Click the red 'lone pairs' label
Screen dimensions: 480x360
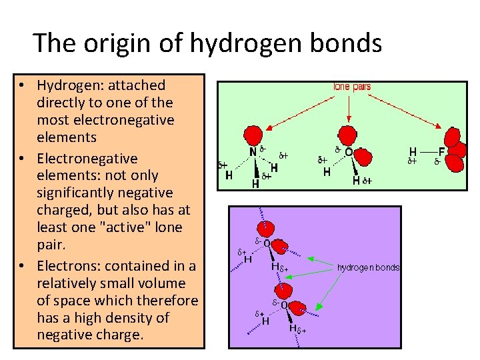352,87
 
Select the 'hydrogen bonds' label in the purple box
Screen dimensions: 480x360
369,267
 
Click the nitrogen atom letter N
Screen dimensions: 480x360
253,151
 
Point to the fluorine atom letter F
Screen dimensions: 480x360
441,152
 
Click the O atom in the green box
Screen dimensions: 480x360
349,153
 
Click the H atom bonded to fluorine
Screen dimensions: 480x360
413,152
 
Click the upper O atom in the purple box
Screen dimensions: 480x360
267,244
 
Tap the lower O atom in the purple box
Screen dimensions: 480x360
284,305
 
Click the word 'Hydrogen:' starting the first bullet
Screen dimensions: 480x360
67,85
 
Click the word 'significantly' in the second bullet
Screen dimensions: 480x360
76,193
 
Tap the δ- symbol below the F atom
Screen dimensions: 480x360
438,162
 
